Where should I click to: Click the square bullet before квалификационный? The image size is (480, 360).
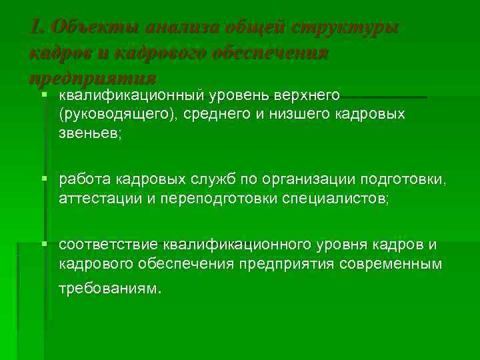(x=44, y=96)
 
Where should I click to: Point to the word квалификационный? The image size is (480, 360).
(x=134, y=96)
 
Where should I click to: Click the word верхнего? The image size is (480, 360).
(x=305, y=96)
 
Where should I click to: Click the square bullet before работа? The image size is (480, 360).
(x=44, y=179)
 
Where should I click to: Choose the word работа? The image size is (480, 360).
(x=85, y=180)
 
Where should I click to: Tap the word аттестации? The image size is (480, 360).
(x=95, y=198)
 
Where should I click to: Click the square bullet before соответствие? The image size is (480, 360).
(x=44, y=244)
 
